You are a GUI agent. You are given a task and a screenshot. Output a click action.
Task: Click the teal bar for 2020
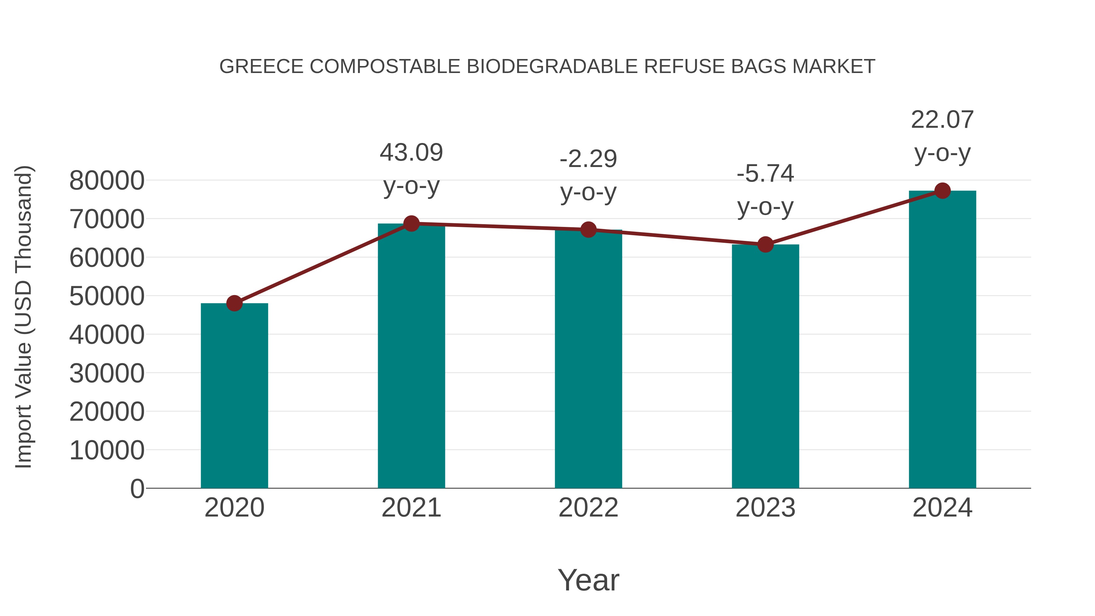coord(234,395)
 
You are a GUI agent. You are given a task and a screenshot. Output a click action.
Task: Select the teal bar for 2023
coord(765,366)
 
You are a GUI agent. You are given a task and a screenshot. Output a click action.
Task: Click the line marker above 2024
coord(942,191)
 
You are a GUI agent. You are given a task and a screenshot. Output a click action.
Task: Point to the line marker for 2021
coord(411,224)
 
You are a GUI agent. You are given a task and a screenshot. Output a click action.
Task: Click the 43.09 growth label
coord(411,153)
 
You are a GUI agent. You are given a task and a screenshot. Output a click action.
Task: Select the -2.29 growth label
coord(588,159)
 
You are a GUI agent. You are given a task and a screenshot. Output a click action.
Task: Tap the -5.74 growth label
coord(765,174)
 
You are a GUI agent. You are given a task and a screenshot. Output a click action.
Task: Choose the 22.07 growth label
coord(942,120)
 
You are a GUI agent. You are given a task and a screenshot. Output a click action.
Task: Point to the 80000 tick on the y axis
coord(107,181)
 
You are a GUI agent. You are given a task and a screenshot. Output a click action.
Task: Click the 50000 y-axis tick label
coord(107,296)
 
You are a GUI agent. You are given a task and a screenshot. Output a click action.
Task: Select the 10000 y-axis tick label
coord(107,450)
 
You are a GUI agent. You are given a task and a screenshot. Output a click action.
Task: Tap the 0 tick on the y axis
coord(137,489)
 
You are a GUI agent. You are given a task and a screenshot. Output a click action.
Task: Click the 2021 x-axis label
coord(411,508)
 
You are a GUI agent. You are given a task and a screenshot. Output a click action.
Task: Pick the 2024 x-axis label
coord(942,508)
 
